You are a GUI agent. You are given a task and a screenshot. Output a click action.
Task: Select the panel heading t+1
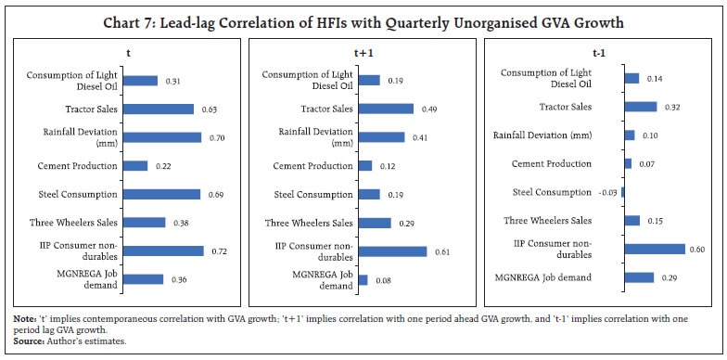[363, 55]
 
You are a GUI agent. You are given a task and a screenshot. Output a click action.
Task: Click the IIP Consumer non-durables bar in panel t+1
[392, 251]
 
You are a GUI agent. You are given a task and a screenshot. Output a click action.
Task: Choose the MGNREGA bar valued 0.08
[363, 279]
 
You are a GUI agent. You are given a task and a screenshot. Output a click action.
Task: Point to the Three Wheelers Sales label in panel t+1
[309, 223]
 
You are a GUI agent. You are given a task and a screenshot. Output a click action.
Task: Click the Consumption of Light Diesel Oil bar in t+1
[369, 81]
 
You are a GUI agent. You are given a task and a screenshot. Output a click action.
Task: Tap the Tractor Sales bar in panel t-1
[641, 107]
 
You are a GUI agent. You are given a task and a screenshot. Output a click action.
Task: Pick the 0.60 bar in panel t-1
[655, 249]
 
